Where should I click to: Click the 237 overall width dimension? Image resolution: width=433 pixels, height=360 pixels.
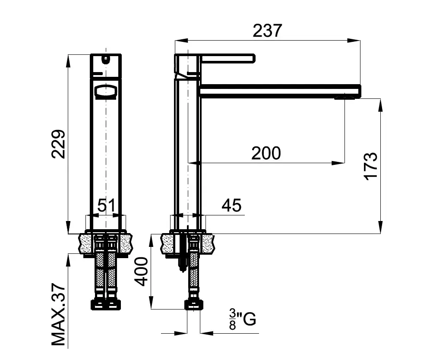(x=267, y=30)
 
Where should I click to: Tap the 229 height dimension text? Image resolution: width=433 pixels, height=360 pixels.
(x=58, y=144)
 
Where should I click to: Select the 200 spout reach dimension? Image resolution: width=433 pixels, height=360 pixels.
(x=266, y=153)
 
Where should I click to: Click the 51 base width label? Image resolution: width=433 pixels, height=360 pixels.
(x=106, y=205)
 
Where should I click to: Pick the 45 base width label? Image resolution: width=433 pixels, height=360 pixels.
(x=231, y=205)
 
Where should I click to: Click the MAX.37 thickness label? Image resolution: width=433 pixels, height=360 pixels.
(x=58, y=314)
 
